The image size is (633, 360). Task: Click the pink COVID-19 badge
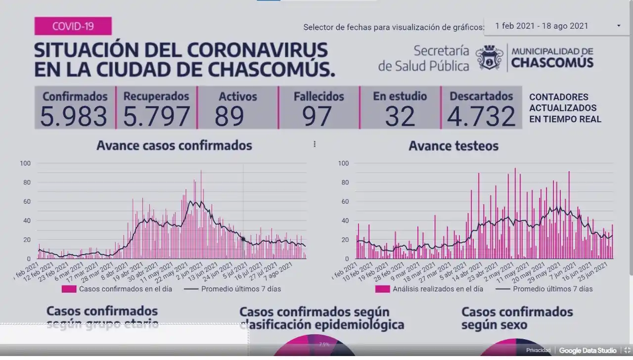tap(73, 26)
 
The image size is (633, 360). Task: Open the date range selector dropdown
tap(556, 26)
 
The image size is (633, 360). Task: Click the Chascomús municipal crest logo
tap(490, 57)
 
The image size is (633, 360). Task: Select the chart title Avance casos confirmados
tap(174, 145)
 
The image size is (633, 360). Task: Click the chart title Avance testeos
tap(453, 146)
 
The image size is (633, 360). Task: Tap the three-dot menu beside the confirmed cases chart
tap(315, 144)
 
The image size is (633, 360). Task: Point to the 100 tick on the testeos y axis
tap(343, 163)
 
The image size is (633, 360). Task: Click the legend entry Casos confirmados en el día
tap(117, 289)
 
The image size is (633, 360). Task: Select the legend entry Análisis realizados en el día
tap(429, 289)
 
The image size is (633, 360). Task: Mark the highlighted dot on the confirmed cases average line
tap(243, 239)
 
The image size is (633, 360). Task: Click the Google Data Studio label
tap(588, 351)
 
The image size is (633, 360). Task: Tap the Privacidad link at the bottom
tap(538, 351)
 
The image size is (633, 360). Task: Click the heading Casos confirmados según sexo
tap(517, 318)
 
